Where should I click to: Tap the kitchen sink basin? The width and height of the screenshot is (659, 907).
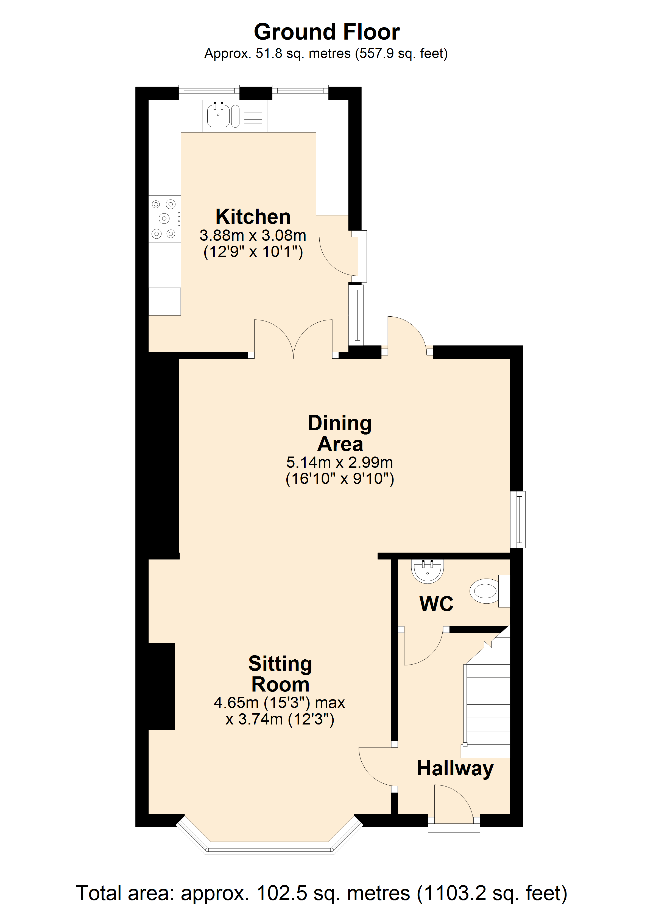[x=218, y=115]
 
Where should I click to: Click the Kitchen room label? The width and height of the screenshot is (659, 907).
[x=253, y=217]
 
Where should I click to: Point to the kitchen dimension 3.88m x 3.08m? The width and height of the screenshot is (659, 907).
[x=253, y=236]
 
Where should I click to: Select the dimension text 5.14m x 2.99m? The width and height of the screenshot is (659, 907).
[x=340, y=463]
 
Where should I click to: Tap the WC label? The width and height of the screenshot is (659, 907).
[x=436, y=604]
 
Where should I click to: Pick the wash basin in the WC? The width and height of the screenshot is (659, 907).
[x=428, y=571]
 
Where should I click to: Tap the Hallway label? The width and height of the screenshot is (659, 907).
[x=455, y=769]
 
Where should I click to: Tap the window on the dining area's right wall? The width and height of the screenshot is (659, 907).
[x=518, y=519]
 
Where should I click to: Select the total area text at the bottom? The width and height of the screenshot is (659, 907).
[x=322, y=893]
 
